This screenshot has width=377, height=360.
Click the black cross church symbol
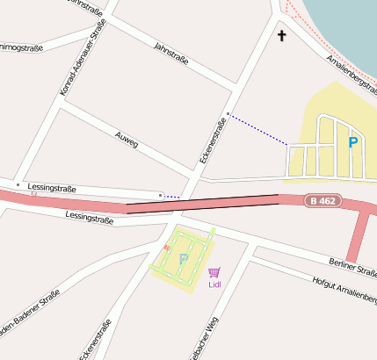pos(282,36)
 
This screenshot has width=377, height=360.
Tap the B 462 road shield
pos(322,201)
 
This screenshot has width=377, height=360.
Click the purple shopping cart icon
pos(214,272)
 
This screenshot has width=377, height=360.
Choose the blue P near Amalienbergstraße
pos(353,141)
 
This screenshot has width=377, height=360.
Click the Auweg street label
pos(127,139)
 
